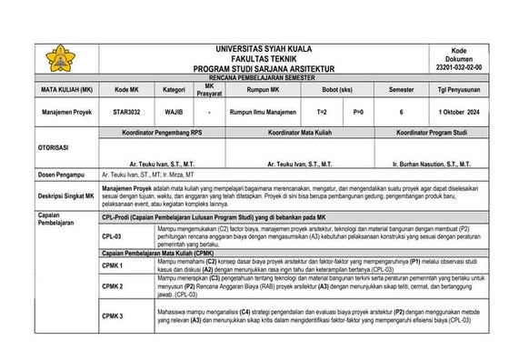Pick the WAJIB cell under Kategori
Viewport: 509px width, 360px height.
(x=173, y=111)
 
